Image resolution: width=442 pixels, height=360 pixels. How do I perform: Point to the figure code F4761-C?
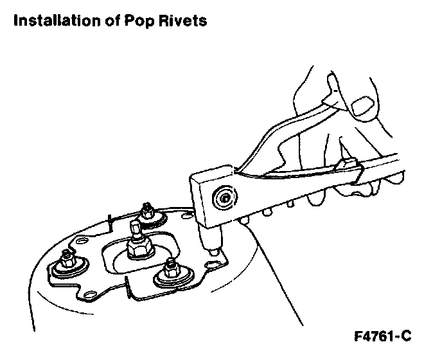[x=382, y=336]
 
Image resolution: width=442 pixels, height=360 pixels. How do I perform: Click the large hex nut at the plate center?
[x=138, y=247]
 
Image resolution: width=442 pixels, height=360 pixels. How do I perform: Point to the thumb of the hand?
[x=334, y=84]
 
